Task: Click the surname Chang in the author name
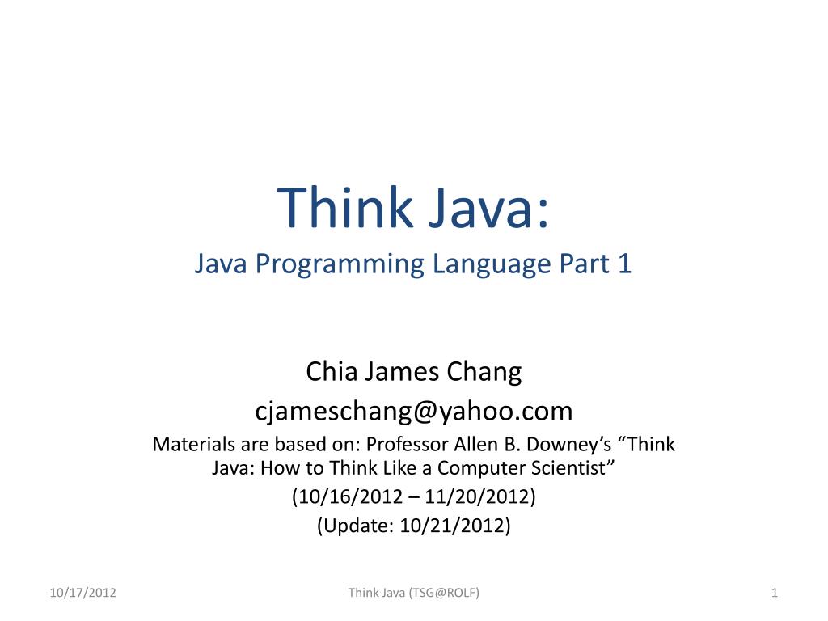click(487, 373)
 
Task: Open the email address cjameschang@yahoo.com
click(414, 412)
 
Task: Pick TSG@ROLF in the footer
click(444, 594)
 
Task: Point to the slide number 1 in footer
click(774, 594)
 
